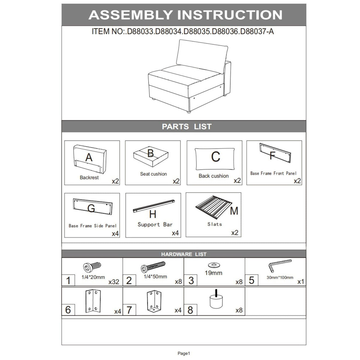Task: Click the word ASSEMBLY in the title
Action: [130, 15]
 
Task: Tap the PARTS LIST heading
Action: [187, 127]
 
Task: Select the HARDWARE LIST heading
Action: [184, 254]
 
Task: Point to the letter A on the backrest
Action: [89, 157]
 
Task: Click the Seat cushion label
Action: [153, 174]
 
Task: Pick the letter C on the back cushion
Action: [216, 157]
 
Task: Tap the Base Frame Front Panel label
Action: [273, 173]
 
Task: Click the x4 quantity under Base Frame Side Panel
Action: [115, 234]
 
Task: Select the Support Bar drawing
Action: [154, 206]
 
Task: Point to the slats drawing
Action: [214, 207]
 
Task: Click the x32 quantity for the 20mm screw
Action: [114, 282]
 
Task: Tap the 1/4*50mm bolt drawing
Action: [153, 267]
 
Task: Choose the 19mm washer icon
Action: [214, 265]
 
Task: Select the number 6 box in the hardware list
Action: [68, 310]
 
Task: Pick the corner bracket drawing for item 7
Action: [154, 301]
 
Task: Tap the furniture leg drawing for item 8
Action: [216, 299]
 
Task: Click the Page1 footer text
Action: [184, 353]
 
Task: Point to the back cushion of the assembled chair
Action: [202, 56]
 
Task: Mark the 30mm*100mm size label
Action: [280, 277]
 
